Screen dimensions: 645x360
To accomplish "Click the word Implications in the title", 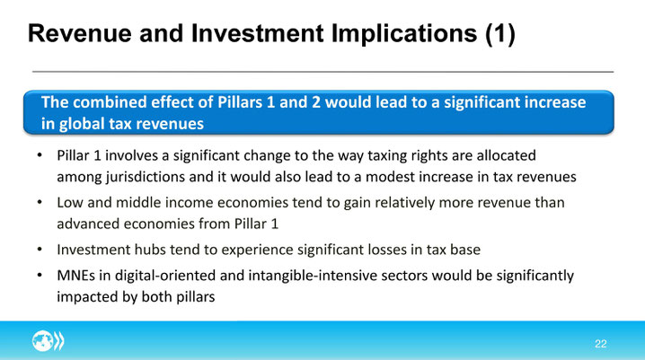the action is click(x=404, y=34).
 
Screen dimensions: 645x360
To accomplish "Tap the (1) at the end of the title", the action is click(x=500, y=34).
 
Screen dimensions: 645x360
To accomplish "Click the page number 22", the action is click(x=601, y=344).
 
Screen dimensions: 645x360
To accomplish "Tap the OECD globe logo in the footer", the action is click(x=49, y=341).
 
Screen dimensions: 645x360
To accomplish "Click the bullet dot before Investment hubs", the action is click(x=40, y=250).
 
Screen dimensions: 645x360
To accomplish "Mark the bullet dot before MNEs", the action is click(x=40, y=276).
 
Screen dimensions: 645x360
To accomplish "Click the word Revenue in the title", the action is click(x=79, y=34).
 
